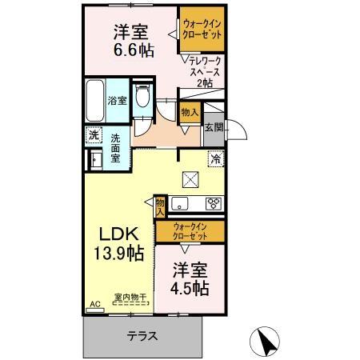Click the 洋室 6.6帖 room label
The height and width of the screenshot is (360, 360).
click(132, 40)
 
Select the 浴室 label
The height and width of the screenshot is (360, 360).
click(116, 101)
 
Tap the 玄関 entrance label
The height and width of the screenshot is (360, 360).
click(214, 126)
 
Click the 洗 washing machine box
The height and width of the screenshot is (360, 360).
click(94, 135)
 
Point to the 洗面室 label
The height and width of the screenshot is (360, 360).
click(117, 147)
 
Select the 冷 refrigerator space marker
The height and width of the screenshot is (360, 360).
click(215, 159)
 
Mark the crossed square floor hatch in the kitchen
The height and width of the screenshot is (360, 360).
click(190, 179)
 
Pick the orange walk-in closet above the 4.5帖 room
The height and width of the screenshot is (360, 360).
click(190, 231)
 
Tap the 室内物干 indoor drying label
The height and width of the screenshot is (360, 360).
click(130, 298)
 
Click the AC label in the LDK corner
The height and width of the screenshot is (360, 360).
click(94, 305)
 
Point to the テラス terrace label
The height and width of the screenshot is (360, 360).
click(141, 336)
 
